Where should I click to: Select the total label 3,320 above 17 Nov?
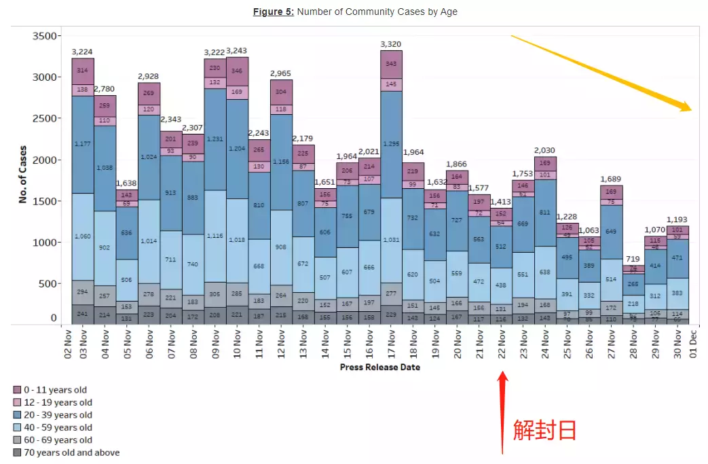(x=391, y=44)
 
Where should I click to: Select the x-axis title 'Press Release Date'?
(x=379, y=368)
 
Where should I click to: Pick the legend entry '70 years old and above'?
(x=71, y=452)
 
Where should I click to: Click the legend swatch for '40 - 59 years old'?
(x=17, y=428)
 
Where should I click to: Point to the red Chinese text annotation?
(x=545, y=429)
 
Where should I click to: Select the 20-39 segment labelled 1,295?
(x=391, y=144)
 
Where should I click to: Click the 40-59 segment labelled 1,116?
(x=215, y=236)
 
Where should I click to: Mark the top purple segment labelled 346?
(x=237, y=71)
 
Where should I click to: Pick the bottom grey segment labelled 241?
(x=82, y=314)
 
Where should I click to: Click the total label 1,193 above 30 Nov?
(x=677, y=219)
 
